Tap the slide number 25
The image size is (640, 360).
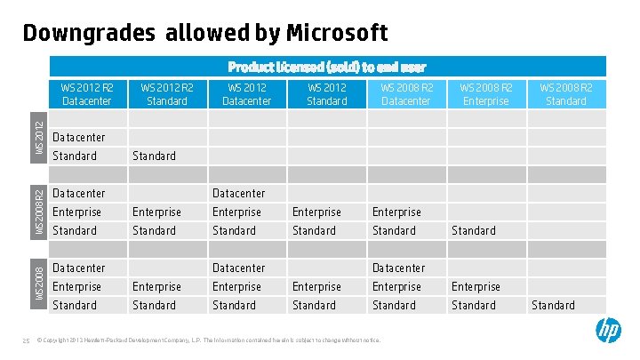(27, 340)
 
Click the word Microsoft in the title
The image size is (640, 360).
(337, 34)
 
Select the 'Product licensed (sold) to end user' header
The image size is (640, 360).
(327, 67)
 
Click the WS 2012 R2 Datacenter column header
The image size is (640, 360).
(87, 93)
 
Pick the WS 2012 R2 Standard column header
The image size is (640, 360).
(167, 93)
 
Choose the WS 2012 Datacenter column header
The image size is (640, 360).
(246, 93)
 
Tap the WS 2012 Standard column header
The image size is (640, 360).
(326, 93)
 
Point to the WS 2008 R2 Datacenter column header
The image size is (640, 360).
(406, 93)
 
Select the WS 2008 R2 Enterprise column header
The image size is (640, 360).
(486, 93)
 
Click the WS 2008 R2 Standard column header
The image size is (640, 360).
(566, 93)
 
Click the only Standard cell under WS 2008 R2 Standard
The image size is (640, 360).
(553, 305)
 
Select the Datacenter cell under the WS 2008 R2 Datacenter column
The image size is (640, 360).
(399, 268)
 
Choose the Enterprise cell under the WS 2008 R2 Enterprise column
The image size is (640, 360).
(476, 286)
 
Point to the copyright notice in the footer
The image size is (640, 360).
(208, 340)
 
